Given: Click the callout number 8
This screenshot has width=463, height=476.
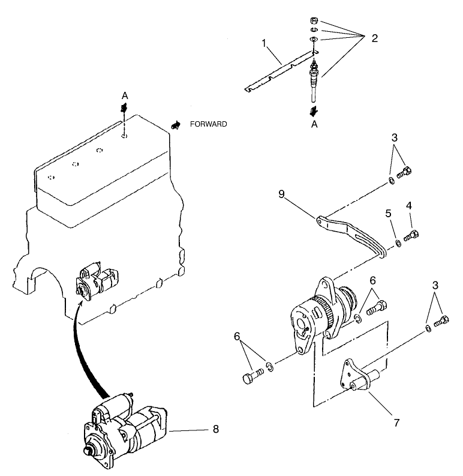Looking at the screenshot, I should (x=216, y=429).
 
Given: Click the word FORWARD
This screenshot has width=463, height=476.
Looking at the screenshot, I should (x=208, y=124).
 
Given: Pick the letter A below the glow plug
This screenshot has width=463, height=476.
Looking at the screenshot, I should (x=314, y=124).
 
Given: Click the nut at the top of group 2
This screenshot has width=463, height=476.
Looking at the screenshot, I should (x=314, y=19).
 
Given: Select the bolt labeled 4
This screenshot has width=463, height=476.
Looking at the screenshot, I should (x=411, y=235).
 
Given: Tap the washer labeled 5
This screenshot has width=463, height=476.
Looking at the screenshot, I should (x=398, y=244).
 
